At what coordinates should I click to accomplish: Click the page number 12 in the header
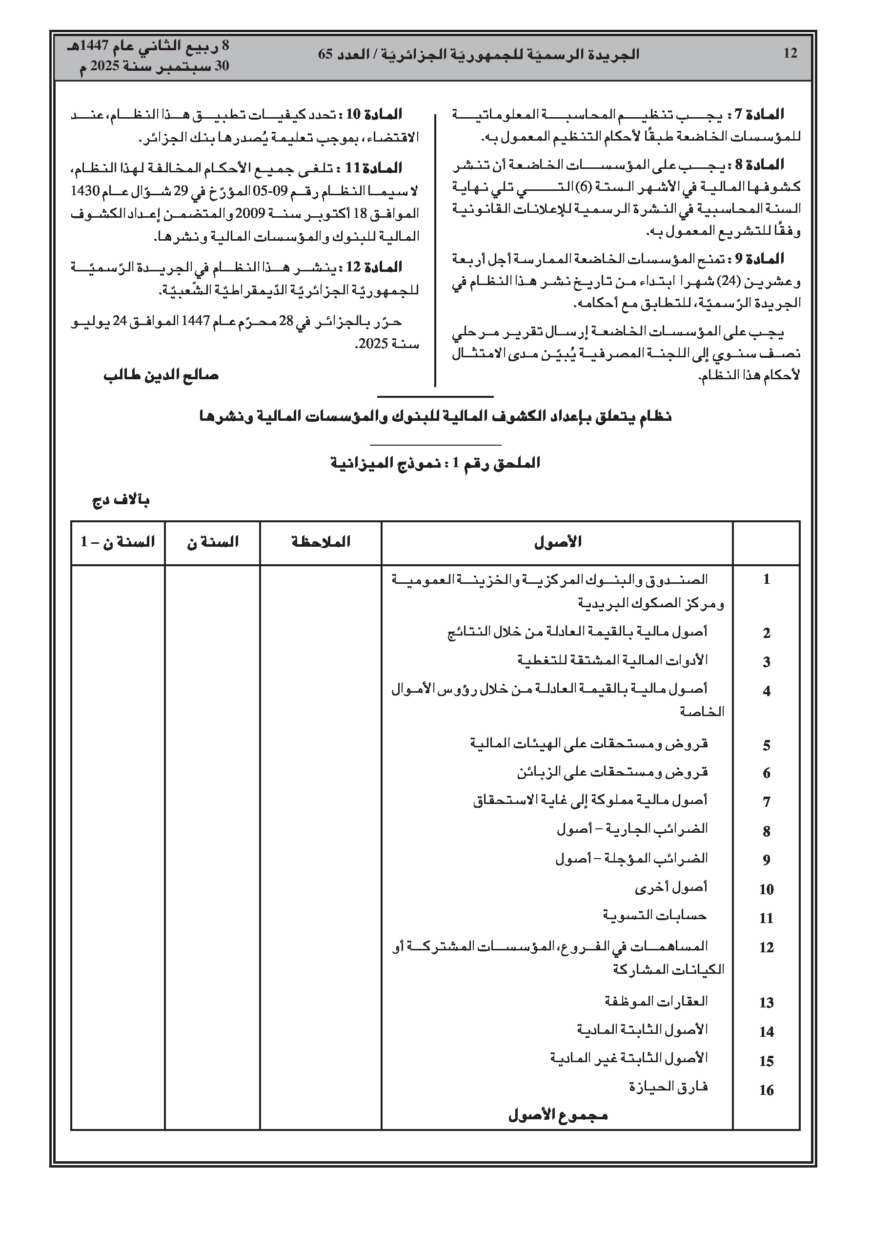coord(790,54)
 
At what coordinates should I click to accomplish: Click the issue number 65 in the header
coord(326,55)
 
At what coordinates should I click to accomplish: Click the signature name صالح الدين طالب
coord(161,375)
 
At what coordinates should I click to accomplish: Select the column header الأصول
coord(558,542)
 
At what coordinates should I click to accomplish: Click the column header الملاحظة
coord(321,542)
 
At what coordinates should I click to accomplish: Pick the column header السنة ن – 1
coord(118,542)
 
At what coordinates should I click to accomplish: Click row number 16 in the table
coord(766,1089)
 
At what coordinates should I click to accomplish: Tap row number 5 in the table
coord(766,745)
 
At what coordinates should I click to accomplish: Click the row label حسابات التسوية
coord(655,916)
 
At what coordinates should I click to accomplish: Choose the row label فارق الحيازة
coord(668,1088)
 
